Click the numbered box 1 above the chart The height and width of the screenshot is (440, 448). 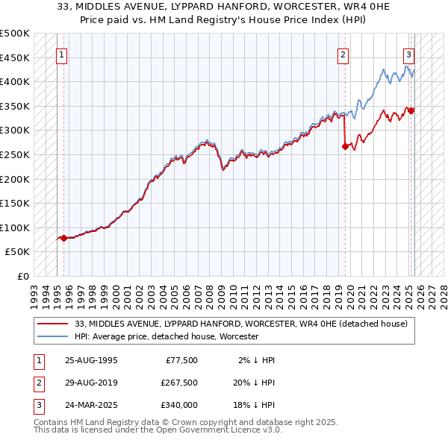[60, 54]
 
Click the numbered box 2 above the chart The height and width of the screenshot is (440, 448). [342, 54]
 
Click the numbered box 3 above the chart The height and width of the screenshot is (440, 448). [409, 54]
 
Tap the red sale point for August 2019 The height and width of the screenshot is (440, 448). [345, 147]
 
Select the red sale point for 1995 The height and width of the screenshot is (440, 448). [63, 239]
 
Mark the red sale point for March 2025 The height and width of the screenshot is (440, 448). [411, 111]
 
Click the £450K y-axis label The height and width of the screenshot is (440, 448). [15, 57]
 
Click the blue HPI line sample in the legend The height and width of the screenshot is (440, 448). [54, 337]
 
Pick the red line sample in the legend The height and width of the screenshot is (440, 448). [54, 324]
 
